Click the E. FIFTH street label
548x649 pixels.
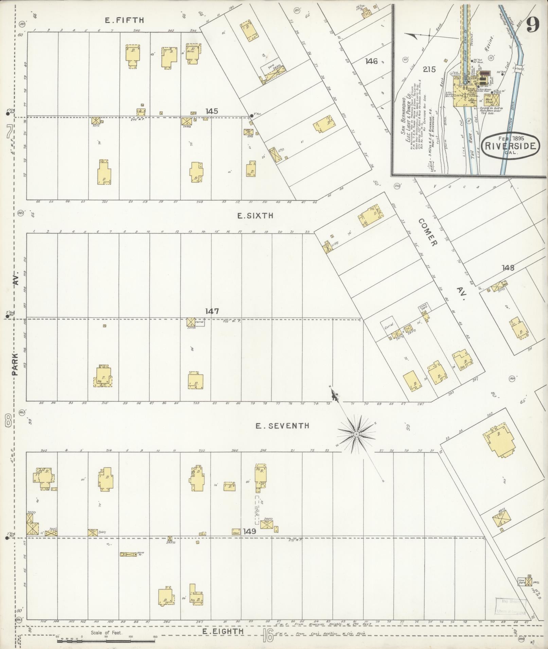point(124,20)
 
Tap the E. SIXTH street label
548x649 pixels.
point(255,216)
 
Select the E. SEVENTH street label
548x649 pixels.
point(283,425)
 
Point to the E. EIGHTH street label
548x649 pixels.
point(223,631)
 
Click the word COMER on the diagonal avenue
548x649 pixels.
point(427,232)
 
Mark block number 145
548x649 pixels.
point(211,111)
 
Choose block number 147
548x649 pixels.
point(212,311)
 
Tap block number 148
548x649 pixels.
point(508,268)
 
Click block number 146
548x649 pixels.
point(372,61)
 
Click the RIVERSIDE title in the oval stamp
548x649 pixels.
point(511,146)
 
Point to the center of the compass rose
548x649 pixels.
point(356,434)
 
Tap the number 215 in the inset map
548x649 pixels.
point(429,70)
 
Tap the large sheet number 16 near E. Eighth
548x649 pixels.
point(268,635)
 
